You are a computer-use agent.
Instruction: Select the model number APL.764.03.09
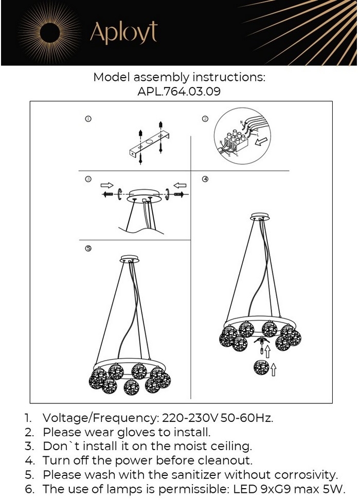point(179,92)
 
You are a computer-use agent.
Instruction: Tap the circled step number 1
point(88,119)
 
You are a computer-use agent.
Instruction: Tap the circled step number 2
point(205,119)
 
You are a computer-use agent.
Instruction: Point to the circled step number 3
point(88,179)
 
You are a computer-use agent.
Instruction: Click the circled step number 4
point(205,179)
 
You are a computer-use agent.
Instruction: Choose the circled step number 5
point(88,248)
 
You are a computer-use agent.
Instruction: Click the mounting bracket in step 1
point(149,145)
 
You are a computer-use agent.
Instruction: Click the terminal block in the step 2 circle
point(236,141)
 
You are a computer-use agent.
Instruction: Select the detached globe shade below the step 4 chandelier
point(261,368)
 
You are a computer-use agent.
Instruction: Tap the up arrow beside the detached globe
point(274,369)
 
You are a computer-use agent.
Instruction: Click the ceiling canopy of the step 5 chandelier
point(130,259)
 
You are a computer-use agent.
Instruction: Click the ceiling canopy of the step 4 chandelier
point(260,217)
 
